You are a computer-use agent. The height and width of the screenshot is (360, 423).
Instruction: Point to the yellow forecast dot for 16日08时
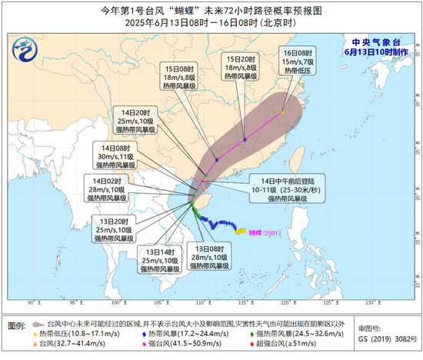point(282,112)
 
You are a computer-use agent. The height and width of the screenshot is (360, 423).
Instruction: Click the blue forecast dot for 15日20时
point(245,139)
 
